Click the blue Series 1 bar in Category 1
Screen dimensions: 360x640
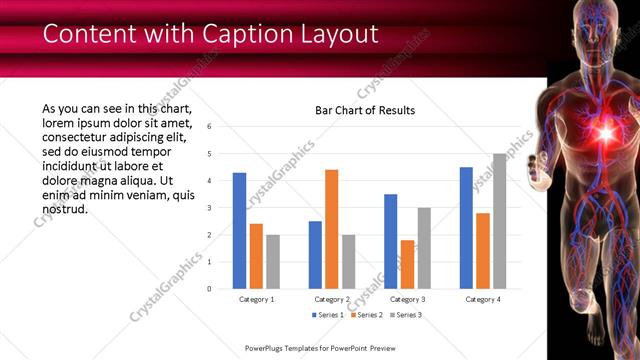pyautogui.click(x=239, y=230)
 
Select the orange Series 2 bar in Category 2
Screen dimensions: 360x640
pyautogui.click(x=331, y=229)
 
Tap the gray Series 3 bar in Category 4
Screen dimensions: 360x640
pyautogui.click(x=499, y=221)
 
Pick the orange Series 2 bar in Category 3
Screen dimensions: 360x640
pyautogui.click(x=407, y=264)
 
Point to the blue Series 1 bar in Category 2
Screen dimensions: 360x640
pyautogui.click(x=315, y=254)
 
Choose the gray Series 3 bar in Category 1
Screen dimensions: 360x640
pyautogui.click(x=273, y=261)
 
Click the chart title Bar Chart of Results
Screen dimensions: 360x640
pyautogui.click(x=364, y=110)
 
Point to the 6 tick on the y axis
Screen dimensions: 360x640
pyautogui.click(x=209, y=127)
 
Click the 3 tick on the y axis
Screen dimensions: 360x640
pyautogui.click(x=209, y=208)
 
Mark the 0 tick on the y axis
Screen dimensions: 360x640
pyautogui.click(x=209, y=289)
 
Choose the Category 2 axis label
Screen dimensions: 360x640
pyautogui.click(x=331, y=299)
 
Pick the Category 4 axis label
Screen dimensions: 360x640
pyautogui.click(x=482, y=299)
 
